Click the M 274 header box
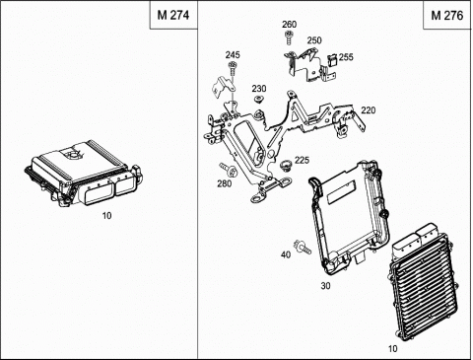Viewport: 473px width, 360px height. (173, 15)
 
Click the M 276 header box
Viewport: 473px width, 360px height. (447, 15)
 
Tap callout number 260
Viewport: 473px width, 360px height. (289, 25)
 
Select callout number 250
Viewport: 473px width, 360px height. (314, 40)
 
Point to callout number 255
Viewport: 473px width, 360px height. (346, 57)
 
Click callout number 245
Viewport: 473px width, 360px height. (233, 55)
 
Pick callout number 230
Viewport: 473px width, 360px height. (259, 89)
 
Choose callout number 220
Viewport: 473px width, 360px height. (369, 110)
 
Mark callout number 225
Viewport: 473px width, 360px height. (302, 160)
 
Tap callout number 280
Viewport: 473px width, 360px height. (225, 183)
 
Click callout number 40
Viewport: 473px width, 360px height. (286, 254)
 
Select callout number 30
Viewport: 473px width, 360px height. (325, 286)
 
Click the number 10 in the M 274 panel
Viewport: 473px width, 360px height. (106, 216)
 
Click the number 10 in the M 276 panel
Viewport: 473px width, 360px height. (392, 348)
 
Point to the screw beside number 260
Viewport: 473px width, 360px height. (289, 37)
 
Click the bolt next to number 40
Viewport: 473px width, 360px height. (303, 247)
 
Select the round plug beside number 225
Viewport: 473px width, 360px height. (286, 165)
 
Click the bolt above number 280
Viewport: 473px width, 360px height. (229, 169)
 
